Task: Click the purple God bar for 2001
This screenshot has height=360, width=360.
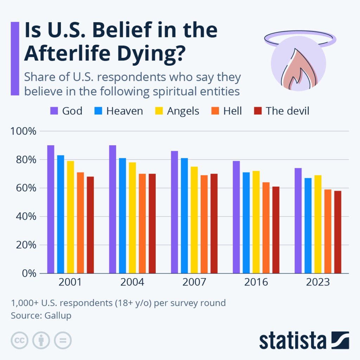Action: tap(51, 209)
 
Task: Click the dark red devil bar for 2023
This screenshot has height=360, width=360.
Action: tap(337, 232)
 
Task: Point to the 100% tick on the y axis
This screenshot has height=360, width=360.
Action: tap(24, 131)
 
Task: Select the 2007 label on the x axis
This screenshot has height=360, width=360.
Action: tap(194, 282)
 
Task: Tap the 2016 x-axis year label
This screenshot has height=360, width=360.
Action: tap(256, 282)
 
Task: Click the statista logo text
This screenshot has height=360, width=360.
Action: tap(292, 340)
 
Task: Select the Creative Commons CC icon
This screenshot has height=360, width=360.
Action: tap(20, 340)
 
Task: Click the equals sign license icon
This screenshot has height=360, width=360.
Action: tap(63, 340)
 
